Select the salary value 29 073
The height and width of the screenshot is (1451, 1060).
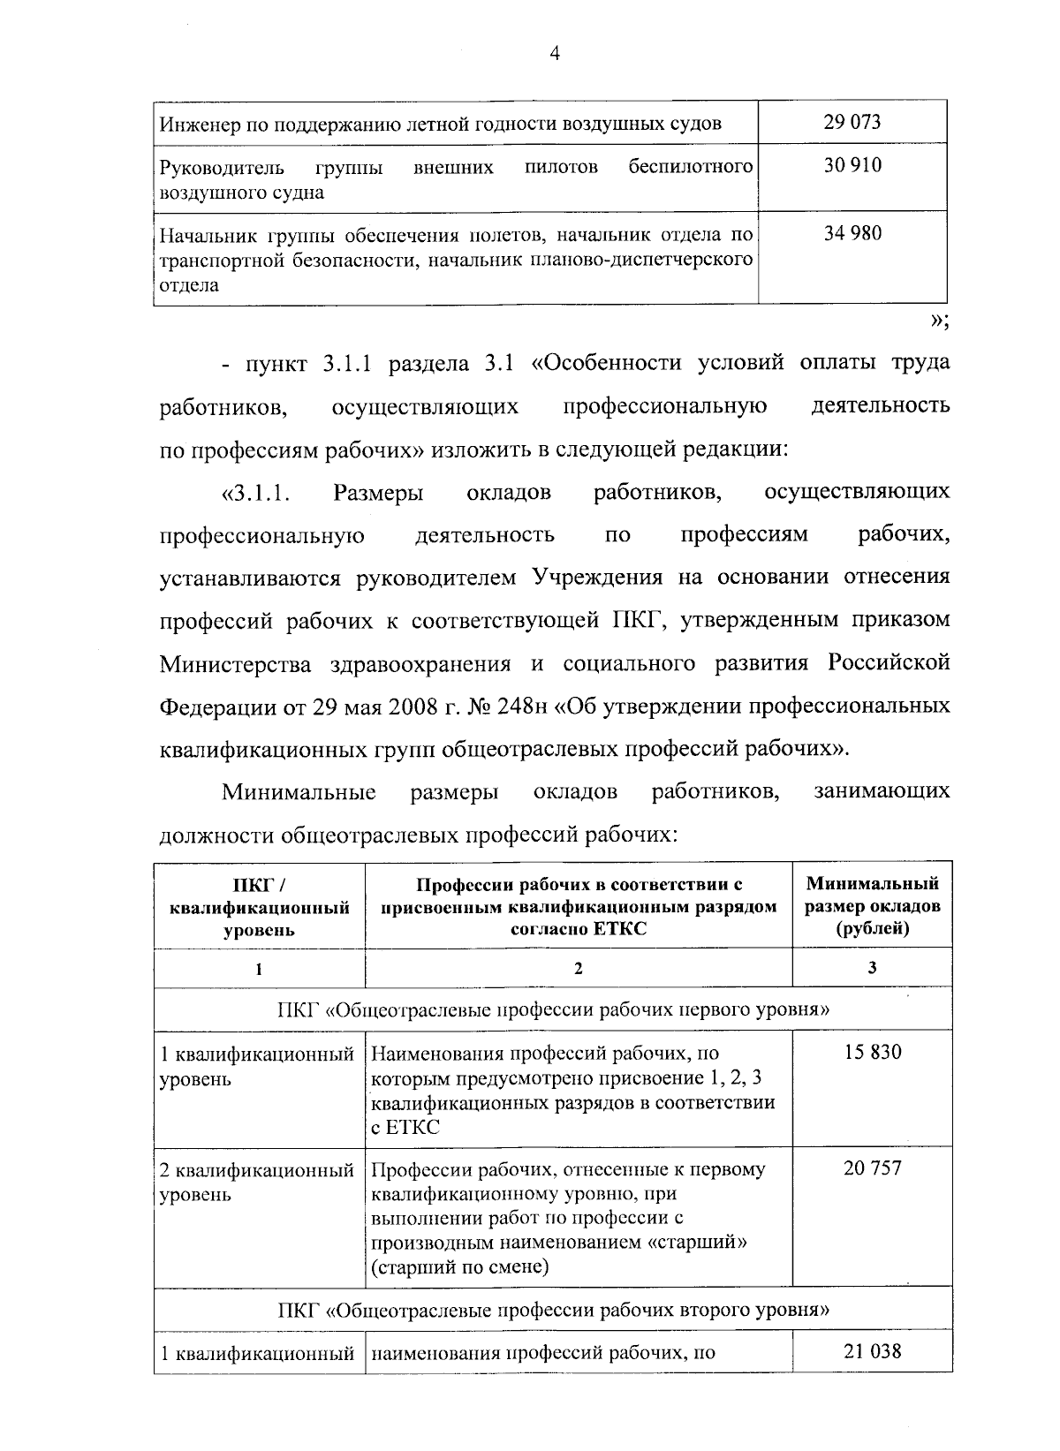pyautogui.click(x=852, y=122)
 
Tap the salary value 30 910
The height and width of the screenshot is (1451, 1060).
pyautogui.click(x=852, y=166)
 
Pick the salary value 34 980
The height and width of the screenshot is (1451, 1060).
pyautogui.click(x=852, y=234)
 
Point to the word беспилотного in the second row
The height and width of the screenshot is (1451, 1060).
pyautogui.click(x=690, y=167)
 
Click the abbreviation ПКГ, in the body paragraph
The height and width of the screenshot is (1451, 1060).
pyautogui.click(x=634, y=621)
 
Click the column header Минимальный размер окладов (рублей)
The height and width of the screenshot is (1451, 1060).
pyautogui.click(x=872, y=906)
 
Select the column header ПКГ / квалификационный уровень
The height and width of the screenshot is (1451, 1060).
pyautogui.click(x=259, y=906)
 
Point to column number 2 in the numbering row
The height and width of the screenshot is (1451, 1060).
pyautogui.click(x=579, y=969)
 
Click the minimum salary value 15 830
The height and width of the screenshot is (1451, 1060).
pyautogui.click(x=872, y=1053)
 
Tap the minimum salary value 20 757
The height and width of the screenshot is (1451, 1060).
pyautogui.click(x=872, y=1168)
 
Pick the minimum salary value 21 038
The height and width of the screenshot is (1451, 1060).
pyautogui.click(x=872, y=1350)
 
